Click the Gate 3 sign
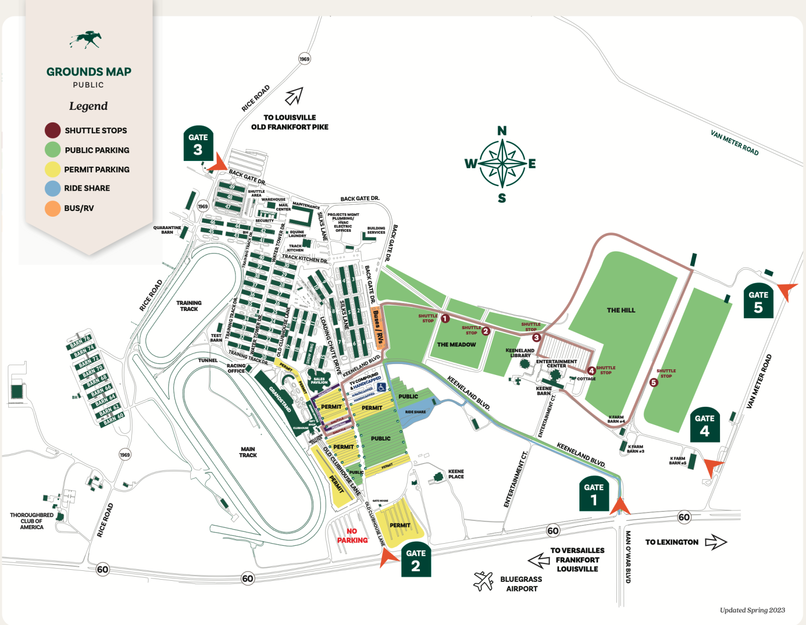(x=198, y=144)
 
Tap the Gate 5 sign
(x=758, y=301)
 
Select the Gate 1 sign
(x=593, y=495)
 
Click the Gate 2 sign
(x=416, y=560)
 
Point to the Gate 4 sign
(x=704, y=425)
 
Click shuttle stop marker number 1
(x=445, y=318)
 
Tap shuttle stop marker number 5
(x=654, y=382)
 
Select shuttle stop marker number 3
(x=536, y=337)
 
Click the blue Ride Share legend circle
(x=53, y=189)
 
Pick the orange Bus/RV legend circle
(x=53, y=208)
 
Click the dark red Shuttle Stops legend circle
(x=53, y=130)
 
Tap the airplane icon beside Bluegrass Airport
(x=483, y=581)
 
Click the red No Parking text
(x=352, y=536)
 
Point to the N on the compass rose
(x=502, y=131)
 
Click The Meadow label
(x=456, y=345)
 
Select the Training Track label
(x=189, y=306)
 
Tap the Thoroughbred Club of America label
(x=32, y=521)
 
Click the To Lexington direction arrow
(x=715, y=542)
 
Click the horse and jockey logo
(x=86, y=39)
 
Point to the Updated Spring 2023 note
(x=752, y=610)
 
